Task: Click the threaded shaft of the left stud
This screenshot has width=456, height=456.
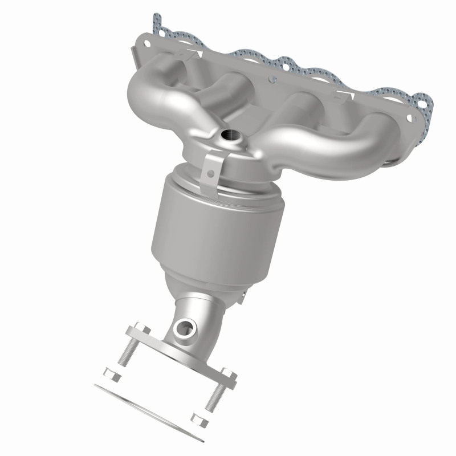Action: pyautogui.click(x=126, y=352)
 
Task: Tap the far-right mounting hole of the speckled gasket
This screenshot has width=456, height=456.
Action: pyautogui.click(x=422, y=104)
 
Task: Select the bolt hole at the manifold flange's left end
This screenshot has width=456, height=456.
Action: pyautogui.click(x=147, y=42)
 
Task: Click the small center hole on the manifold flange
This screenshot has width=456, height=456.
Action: pyautogui.click(x=270, y=79)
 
